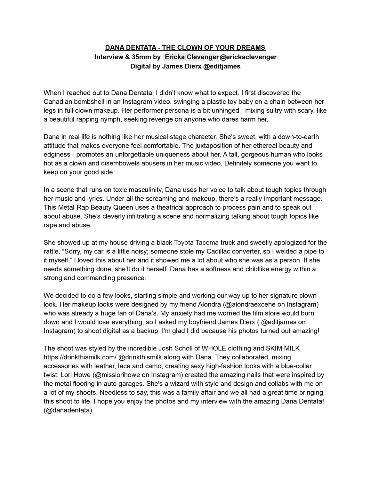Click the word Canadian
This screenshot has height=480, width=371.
(58, 102)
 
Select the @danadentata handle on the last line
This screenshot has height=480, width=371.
(68, 410)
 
